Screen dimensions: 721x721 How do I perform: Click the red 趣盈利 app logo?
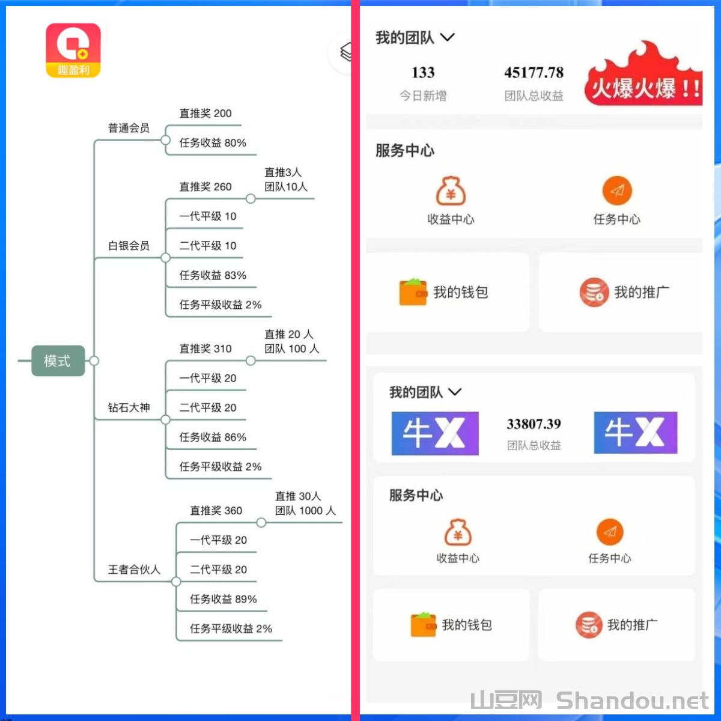pos(73,50)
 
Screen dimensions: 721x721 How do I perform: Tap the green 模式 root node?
pos(58,360)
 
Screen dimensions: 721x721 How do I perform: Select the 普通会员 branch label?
pos(129,128)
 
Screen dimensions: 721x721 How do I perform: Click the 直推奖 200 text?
pos(205,113)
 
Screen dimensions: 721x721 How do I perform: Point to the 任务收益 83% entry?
pos(213,275)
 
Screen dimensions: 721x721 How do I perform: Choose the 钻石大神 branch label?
pos(129,407)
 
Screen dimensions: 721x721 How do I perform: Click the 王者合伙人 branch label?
pos(134,569)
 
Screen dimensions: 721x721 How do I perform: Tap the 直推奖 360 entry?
pos(216,510)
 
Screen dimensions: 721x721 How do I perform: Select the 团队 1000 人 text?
pos(305,510)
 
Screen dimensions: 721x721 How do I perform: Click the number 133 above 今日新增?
pos(423,72)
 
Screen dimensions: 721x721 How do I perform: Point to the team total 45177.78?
pos(534,72)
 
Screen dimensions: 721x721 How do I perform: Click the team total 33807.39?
pos(534,424)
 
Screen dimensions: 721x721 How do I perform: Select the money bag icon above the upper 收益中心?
pos(451,191)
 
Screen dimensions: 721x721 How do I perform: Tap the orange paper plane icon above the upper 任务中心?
pos(617,191)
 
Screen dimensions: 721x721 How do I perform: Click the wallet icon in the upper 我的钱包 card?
pos(413,292)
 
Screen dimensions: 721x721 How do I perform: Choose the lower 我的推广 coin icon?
pos(589,624)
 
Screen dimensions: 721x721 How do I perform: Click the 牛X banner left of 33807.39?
pos(435,433)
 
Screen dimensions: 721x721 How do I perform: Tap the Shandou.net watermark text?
pos(632,701)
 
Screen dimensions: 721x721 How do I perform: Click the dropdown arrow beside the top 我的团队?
pos(448,37)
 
